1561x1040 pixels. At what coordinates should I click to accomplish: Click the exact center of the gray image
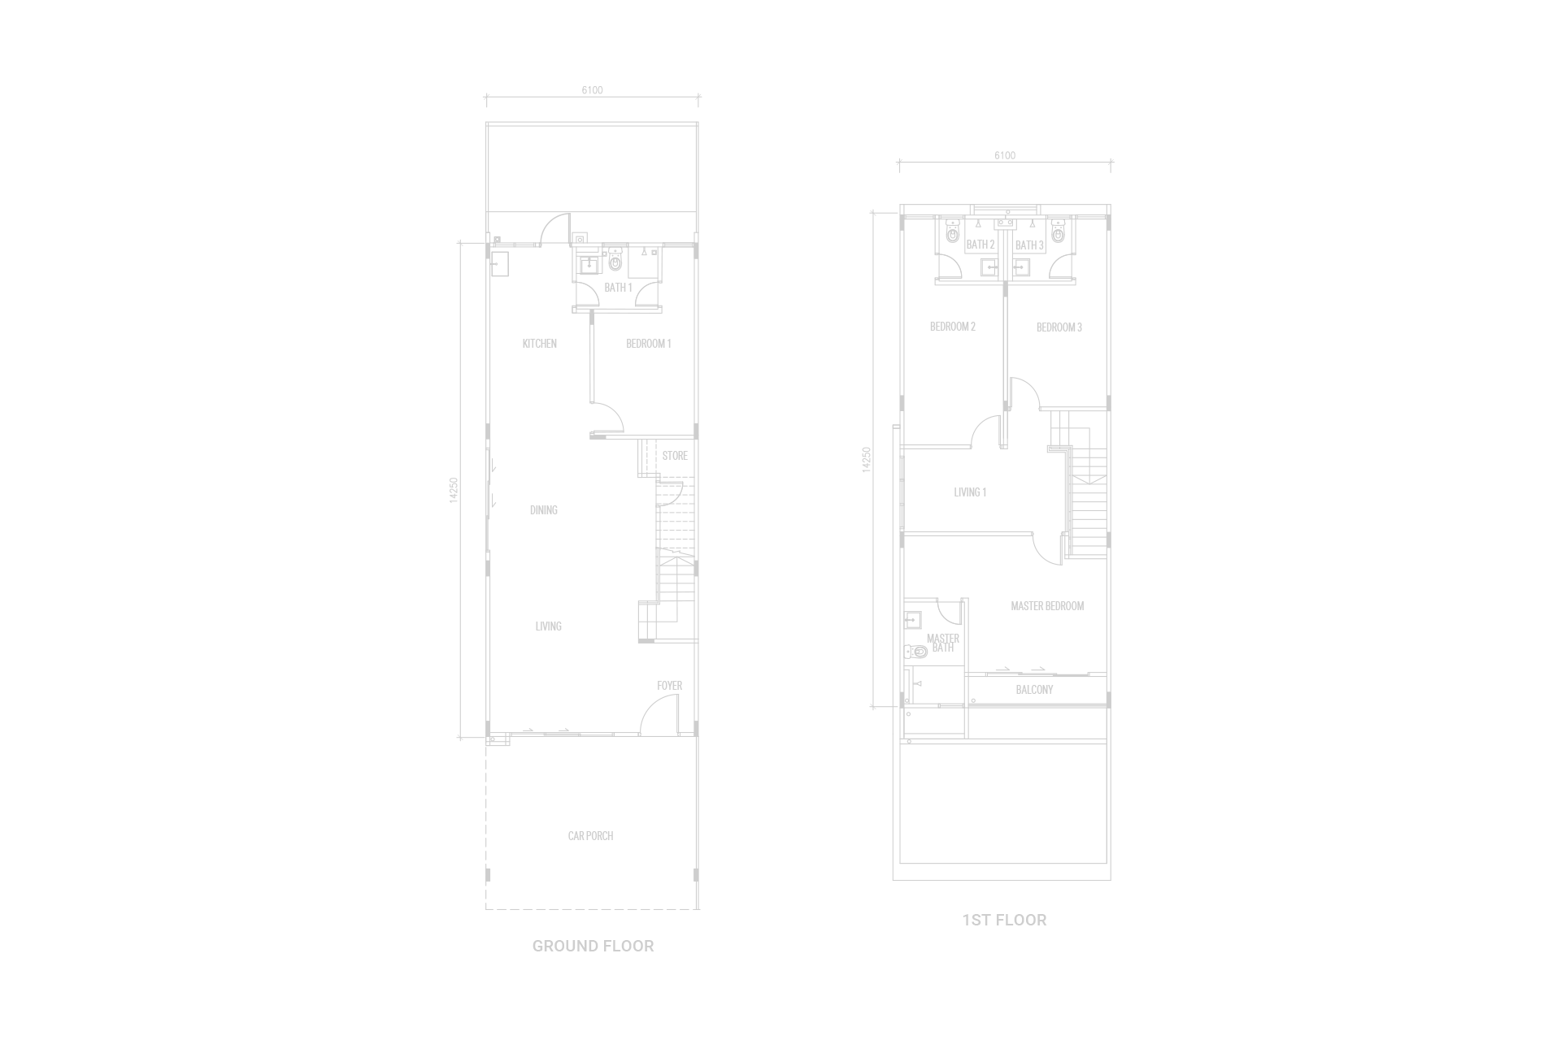tap(780, 520)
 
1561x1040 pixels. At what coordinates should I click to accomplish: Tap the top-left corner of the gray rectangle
tap(0, 0)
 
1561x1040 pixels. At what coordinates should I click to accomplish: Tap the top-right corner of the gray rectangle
tap(1560, 0)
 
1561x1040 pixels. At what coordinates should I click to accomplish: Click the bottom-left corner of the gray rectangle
tap(0, 1039)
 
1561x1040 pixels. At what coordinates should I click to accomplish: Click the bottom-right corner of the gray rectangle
tap(1560, 1039)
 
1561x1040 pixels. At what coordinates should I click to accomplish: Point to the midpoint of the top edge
tap(780, 0)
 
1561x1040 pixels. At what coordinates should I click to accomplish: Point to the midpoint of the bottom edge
tap(780, 1039)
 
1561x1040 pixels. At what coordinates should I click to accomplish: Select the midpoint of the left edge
tap(0, 520)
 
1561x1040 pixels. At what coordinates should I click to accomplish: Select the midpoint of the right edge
tap(1560, 520)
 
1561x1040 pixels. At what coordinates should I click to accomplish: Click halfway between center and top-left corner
tap(390, 260)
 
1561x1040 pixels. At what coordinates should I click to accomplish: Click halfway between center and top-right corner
tap(1171, 260)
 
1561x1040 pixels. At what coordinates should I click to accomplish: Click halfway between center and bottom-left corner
tap(390, 780)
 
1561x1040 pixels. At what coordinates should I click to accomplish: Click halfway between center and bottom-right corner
tap(1171, 780)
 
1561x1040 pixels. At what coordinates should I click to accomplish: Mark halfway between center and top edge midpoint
tap(780, 260)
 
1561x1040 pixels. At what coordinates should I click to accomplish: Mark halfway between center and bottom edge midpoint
tap(780, 780)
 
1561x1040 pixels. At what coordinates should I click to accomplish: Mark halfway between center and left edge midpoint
tap(390, 520)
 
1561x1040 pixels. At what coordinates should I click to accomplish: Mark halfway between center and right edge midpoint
tap(1171, 520)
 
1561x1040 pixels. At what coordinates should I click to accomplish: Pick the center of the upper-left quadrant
tap(390, 260)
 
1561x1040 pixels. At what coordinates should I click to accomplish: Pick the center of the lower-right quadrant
tap(1171, 780)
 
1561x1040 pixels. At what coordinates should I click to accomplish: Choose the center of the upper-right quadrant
tap(1171, 260)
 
